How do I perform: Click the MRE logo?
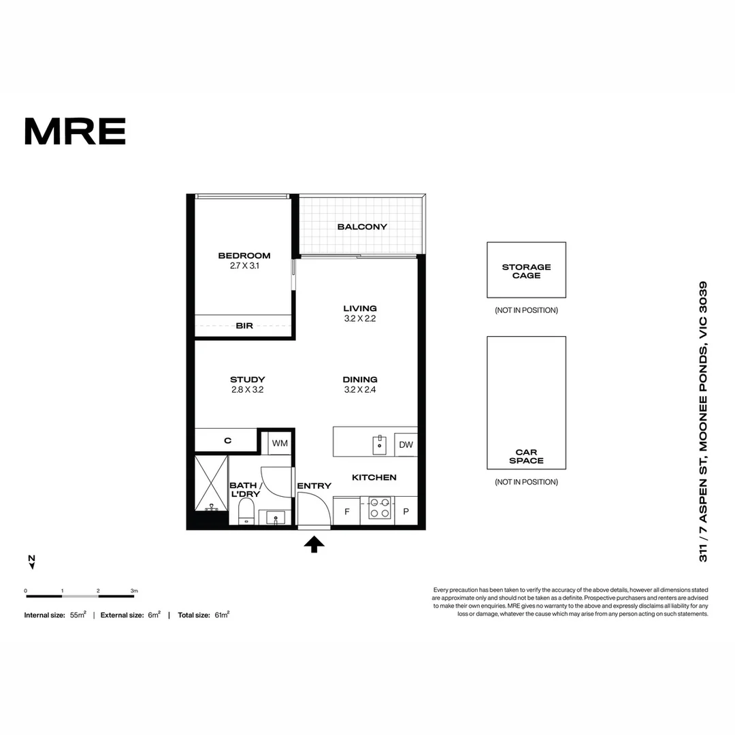point(75,131)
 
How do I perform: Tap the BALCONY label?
point(362,227)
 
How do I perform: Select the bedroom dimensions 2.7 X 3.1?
point(244,266)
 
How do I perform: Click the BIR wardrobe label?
point(244,326)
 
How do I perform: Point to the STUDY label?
point(247,380)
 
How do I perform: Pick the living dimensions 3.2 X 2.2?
point(360,318)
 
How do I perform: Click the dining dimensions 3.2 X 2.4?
point(360,390)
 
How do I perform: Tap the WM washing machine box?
point(280,443)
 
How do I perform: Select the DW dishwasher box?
point(406,445)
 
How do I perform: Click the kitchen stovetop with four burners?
point(380,508)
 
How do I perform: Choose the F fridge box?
point(346,511)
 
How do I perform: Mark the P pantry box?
point(406,511)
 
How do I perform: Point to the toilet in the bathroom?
point(246,511)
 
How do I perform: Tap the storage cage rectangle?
point(526,270)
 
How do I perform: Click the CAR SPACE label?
point(526,457)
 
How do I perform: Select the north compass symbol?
point(31,561)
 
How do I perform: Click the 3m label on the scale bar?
point(134,590)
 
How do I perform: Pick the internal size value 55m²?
point(78,615)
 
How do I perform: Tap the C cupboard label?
point(227,440)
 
